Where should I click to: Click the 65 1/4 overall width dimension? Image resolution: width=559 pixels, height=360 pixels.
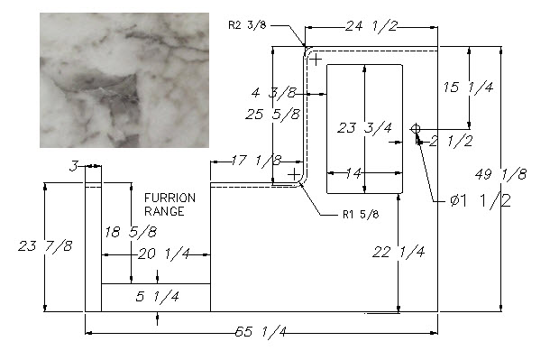click(x=261, y=332)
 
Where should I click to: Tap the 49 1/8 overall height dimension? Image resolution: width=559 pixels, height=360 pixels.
click(x=501, y=175)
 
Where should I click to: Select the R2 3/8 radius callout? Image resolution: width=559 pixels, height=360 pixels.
click(x=247, y=25)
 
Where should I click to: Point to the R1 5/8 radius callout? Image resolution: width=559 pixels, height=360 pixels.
click(x=361, y=215)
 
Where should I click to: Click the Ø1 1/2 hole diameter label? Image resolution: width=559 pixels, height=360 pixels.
click(x=481, y=200)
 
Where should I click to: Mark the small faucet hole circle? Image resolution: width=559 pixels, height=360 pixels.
click(x=416, y=129)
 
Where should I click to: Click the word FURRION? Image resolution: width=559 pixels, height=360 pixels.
click(x=170, y=198)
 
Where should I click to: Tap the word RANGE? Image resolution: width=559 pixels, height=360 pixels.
click(x=164, y=211)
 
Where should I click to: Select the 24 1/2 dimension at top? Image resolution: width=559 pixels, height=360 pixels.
click(x=371, y=26)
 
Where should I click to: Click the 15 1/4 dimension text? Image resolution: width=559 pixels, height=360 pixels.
click(x=469, y=87)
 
